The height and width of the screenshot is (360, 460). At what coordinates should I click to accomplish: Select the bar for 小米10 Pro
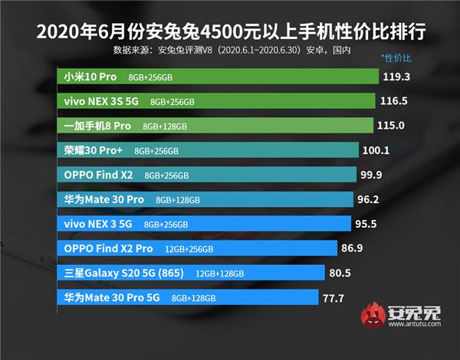pos(218,77)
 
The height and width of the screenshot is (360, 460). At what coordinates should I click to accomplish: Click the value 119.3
pos(398,77)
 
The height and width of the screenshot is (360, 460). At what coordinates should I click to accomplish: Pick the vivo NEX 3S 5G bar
pos(215,101)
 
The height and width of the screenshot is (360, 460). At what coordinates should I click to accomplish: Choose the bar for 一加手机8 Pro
pos(214,126)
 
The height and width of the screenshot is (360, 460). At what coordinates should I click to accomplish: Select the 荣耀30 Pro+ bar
pos(208,150)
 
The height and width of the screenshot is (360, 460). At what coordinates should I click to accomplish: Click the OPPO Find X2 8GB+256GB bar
pos(207,175)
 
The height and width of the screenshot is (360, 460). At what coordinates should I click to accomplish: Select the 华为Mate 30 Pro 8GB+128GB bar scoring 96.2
pos(204,199)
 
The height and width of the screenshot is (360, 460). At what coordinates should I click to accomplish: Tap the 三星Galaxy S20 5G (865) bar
pos(192,273)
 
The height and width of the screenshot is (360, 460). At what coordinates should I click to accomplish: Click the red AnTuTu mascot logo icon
pos(376,315)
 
